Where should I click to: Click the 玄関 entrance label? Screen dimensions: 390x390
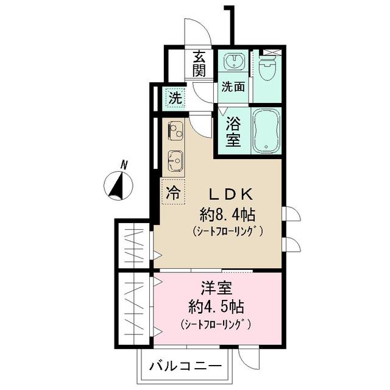199,64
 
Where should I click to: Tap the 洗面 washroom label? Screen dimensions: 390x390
233,87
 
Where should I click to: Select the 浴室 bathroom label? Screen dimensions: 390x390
233,132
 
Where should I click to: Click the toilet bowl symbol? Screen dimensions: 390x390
268,70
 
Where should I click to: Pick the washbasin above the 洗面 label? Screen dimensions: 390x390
233,61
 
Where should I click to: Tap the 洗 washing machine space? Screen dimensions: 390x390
175,97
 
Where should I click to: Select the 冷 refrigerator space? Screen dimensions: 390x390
173,194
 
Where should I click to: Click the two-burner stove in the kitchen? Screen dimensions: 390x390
175,130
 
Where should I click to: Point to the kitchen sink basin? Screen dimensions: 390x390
175,160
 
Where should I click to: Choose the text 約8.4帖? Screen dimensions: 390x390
227,214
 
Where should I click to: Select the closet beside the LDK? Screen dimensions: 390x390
133,243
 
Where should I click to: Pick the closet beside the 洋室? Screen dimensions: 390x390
133,308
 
